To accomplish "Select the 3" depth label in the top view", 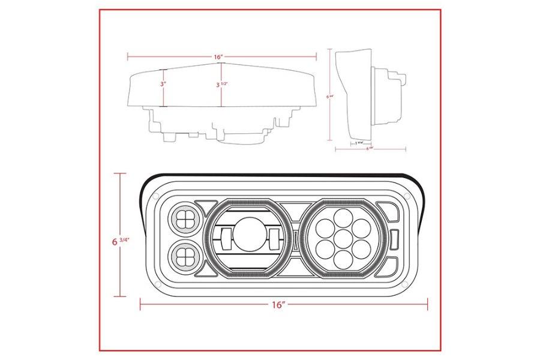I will pyautogui.click(x=163, y=85).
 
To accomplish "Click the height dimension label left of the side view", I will pyautogui.click(x=329, y=95).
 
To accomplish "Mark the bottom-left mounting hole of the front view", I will pyautogui.click(x=158, y=282).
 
